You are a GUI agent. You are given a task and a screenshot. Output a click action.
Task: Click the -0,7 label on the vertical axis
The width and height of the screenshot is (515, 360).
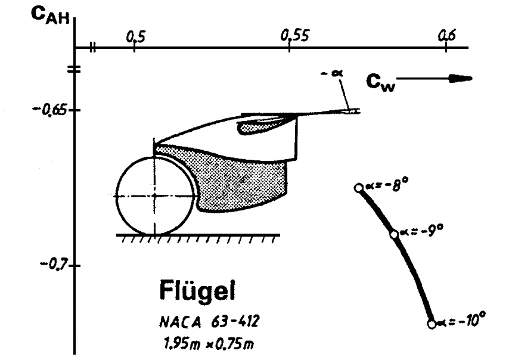pos(52,264)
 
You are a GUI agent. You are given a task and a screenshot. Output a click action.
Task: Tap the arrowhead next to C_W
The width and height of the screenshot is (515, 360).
pos(462,78)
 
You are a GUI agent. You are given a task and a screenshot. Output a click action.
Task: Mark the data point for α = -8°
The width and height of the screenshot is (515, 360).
pos(358,188)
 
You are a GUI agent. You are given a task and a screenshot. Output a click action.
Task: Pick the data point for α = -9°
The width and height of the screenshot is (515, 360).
pos(394,234)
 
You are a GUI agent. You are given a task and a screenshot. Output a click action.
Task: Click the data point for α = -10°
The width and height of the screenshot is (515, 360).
pos(432,324)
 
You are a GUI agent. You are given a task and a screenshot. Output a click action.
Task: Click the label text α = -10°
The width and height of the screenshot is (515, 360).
pos(461,321)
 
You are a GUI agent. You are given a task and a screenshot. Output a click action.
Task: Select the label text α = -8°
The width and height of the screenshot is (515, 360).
pos(387,185)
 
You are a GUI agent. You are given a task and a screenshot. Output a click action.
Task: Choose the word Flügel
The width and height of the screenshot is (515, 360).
pos(197,292)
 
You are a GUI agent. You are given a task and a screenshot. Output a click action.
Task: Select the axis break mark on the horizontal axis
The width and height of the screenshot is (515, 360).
pos(92,47)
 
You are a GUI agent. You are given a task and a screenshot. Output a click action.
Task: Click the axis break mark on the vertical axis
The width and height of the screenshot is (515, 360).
pos(75,69)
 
